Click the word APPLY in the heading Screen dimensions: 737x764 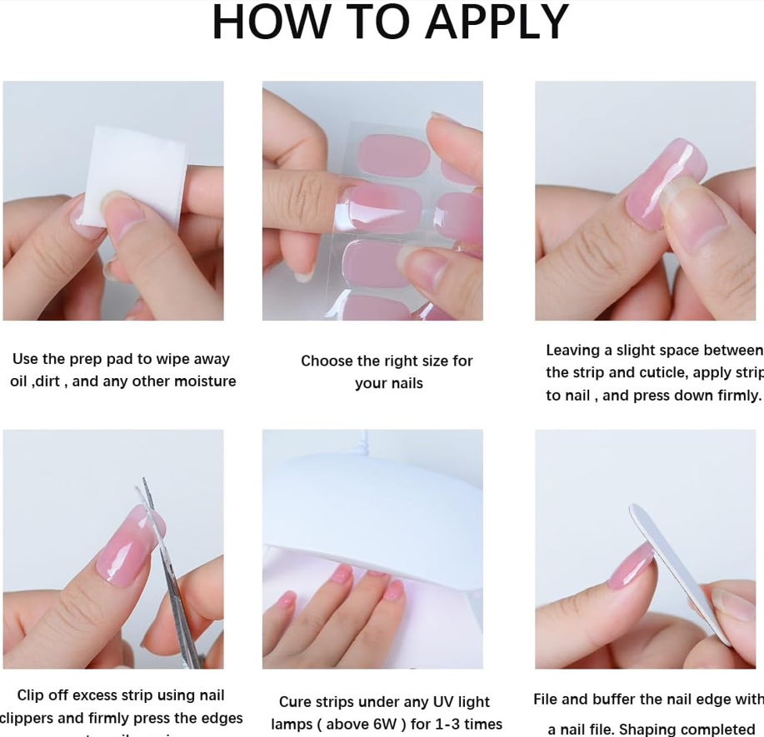(497, 23)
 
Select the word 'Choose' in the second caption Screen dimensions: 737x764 (327, 361)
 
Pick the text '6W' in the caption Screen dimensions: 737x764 (396, 725)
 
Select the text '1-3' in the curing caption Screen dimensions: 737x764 (462, 725)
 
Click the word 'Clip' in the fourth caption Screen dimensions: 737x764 (32, 695)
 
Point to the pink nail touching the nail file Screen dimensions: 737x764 (631, 566)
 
